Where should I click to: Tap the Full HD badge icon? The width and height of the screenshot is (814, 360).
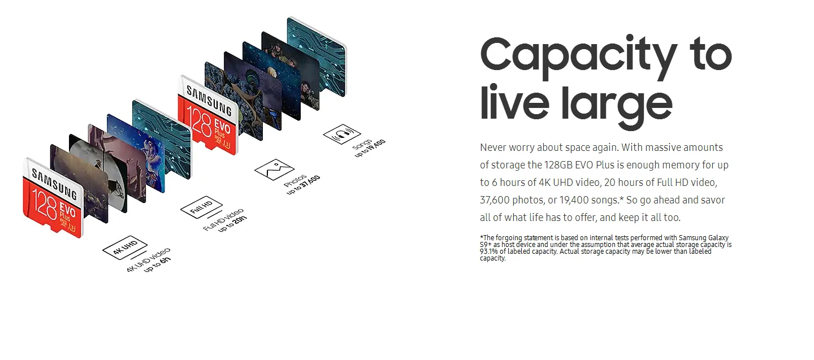(201, 209)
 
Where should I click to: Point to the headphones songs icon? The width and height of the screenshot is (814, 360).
(342, 135)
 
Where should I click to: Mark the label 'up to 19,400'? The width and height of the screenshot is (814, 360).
(370, 149)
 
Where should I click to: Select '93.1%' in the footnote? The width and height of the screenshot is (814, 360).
(490, 251)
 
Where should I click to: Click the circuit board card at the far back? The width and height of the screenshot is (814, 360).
(316, 54)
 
